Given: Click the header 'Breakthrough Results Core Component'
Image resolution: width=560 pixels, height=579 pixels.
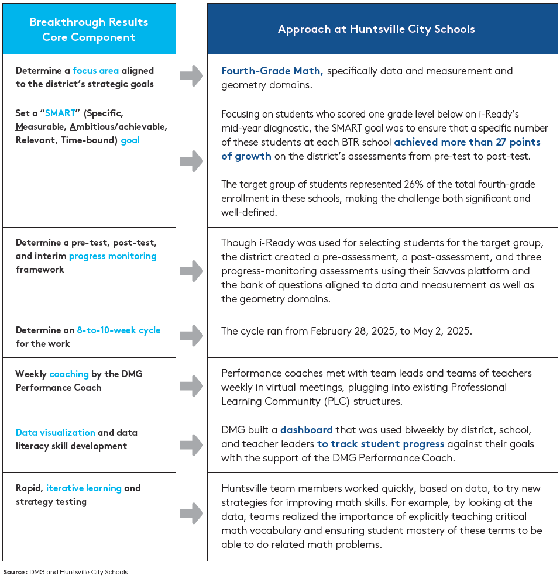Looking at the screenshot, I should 89,29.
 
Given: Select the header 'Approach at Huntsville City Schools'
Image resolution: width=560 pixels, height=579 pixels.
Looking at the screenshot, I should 376,29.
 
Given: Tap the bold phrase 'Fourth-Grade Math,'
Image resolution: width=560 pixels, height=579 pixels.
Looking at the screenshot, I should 272,71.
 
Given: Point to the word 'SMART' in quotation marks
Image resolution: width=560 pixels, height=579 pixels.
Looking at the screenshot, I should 60,113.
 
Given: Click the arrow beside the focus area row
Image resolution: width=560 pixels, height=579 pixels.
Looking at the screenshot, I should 191,76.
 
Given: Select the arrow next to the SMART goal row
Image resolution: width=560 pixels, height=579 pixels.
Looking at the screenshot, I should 191,161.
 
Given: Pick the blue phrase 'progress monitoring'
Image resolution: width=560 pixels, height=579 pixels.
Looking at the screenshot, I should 113,256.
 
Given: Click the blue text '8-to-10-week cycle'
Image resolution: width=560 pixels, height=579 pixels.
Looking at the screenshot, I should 119,330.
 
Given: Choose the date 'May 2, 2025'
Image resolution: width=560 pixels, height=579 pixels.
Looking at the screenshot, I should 442,331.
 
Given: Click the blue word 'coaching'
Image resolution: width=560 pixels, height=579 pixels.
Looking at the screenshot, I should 69,374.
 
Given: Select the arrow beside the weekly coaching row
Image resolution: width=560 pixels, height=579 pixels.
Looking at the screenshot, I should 191,386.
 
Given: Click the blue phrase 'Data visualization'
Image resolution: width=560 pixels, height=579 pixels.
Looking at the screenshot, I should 56,433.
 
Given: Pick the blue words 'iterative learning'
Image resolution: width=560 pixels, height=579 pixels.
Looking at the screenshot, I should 84,488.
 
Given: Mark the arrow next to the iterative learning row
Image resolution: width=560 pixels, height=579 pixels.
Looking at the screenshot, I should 191,513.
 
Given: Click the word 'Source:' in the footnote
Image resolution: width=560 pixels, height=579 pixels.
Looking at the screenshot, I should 15,572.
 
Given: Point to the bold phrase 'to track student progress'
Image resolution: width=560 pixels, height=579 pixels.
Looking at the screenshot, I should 381,444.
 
